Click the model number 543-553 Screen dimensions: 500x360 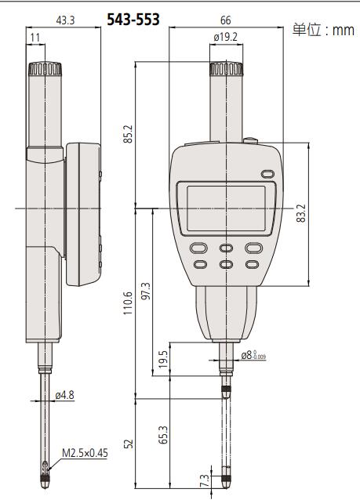point(133,20)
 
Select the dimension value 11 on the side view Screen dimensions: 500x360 point(35,37)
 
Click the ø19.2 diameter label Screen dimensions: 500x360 point(226,36)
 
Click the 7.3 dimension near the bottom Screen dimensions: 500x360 point(205,480)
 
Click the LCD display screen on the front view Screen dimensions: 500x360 point(226,208)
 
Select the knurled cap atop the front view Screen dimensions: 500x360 point(226,70)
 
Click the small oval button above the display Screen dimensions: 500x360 point(265,175)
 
